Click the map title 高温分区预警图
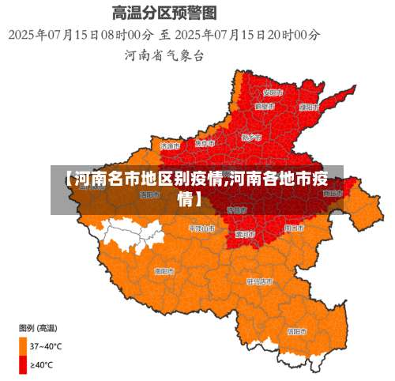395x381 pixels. click(164, 13)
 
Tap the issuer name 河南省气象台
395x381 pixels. click(164, 55)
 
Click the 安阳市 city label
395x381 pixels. click(267, 92)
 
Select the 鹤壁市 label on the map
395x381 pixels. click(264, 105)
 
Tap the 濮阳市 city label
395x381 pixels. click(309, 107)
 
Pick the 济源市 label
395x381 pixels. click(170, 145)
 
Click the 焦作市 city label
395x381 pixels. click(205, 143)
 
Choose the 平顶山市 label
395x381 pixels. click(201, 228)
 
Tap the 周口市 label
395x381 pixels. click(294, 228)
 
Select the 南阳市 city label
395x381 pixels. click(164, 270)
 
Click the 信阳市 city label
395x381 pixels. click(297, 331)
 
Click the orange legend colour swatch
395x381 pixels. click(23, 345)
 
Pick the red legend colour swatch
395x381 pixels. click(23, 364)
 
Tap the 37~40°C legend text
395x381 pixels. click(46, 346)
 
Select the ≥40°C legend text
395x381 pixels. click(42, 364)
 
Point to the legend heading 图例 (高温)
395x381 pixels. click(37, 327)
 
